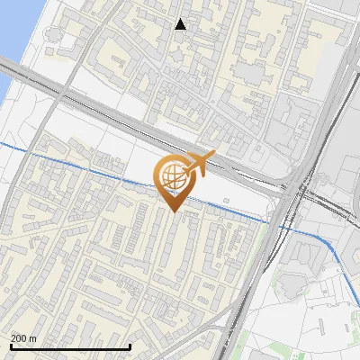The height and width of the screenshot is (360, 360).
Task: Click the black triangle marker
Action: point(181,24)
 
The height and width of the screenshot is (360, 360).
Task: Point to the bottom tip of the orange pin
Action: point(173,212)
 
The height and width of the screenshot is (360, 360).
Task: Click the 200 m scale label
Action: point(23,338)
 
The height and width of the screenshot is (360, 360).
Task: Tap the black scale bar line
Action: point(70,346)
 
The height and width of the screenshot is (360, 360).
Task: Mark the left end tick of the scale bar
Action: point(10,346)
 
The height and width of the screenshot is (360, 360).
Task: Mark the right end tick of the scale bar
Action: point(131,346)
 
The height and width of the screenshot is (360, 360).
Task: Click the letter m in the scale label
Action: point(33,338)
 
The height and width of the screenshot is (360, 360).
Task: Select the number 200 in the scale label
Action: point(19,338)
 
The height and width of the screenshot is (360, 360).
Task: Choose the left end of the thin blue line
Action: point(2,144)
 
